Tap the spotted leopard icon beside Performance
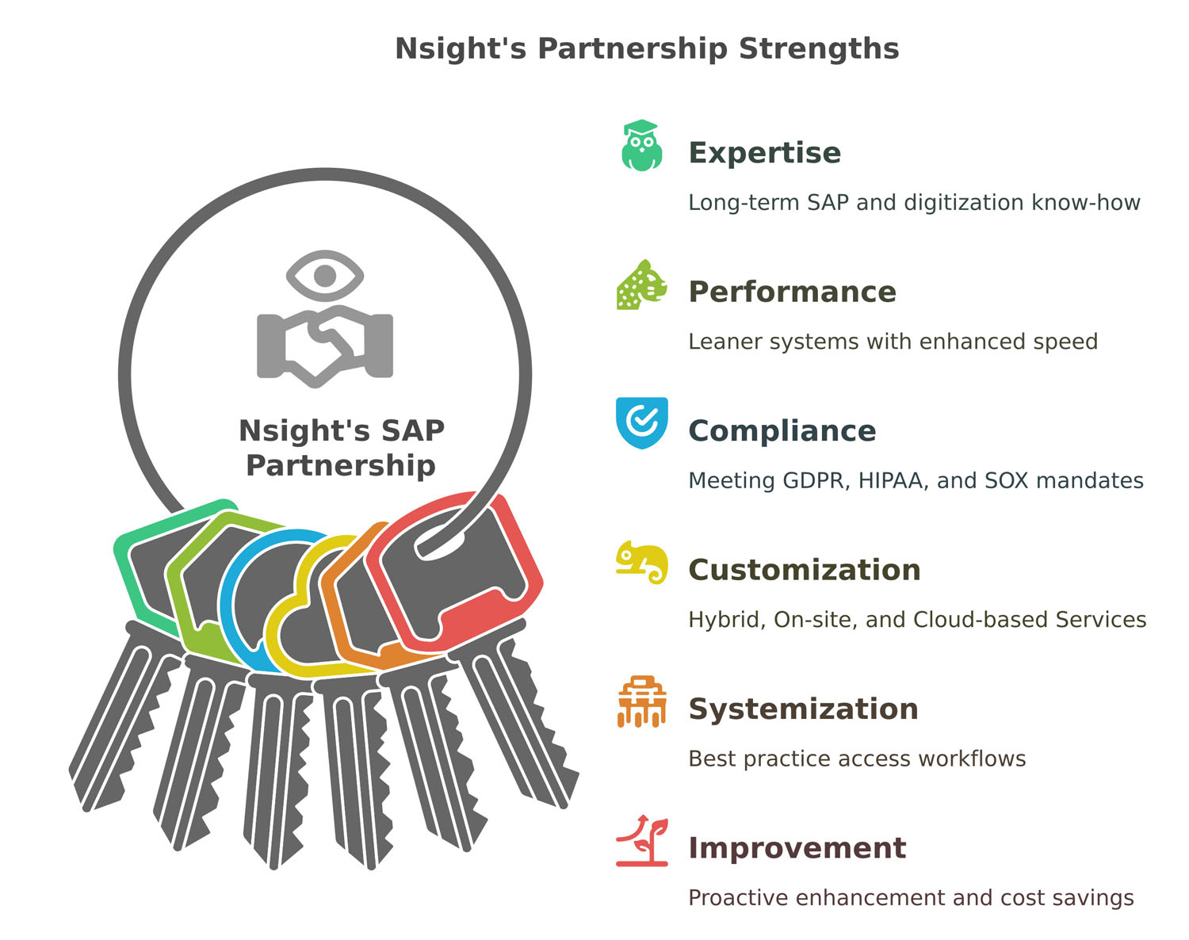641,285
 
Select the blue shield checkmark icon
641,422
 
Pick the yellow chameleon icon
641,562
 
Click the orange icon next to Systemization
641,701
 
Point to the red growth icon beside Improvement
641,840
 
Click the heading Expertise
765,152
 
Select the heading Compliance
782,430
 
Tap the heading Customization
805,570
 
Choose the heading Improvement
797,848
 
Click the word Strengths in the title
819,48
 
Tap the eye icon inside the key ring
325,275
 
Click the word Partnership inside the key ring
341,466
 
